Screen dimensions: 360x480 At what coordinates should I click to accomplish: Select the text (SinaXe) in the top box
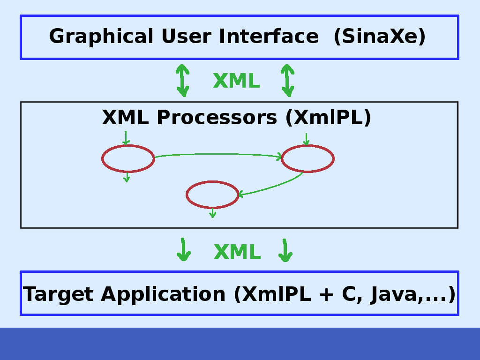tap(380, 37)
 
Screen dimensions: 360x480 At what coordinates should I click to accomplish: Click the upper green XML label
tap(236, 81)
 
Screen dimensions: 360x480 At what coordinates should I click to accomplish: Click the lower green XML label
tap(237, 252)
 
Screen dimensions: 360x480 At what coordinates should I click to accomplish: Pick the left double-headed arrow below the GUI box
tap(182, 81)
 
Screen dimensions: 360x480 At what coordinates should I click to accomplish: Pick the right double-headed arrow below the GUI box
tap(287, 81)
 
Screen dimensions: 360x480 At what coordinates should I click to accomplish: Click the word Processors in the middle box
tap(217, 117)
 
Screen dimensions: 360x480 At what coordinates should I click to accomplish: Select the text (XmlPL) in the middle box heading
tap(328, 117)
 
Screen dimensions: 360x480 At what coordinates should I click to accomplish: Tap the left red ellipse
tap(128, 158)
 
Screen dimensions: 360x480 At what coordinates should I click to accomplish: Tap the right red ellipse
tap(307, 158)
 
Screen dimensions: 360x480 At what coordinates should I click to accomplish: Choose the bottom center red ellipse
tap(212, 195)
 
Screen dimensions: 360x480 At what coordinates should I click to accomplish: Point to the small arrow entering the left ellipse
tap(125, 138)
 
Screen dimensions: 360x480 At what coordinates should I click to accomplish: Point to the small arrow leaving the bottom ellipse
tap(212, 213)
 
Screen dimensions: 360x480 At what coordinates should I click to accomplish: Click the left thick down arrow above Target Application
tap(183, 250)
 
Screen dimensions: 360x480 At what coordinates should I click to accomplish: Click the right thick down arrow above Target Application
tap(285, 251)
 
